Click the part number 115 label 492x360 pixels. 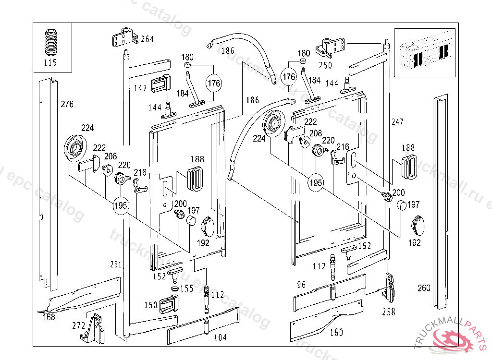coord(50,63)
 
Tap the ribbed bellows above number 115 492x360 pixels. coord(50,43)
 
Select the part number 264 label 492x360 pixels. coord(147,39)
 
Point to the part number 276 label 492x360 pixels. coord(67,104)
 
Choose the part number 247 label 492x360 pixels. coord(397,122)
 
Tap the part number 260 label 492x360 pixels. coord(424,288)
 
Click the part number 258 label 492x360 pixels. coord(388,312)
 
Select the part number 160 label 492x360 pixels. coord(337,332)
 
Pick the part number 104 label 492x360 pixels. coord(220,337)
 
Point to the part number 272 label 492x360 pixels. coord(79,325)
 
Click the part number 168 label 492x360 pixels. coord(49,317)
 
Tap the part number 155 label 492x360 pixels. coord(186,289)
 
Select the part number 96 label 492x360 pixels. coord(301,285)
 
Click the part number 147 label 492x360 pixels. coord(140,88)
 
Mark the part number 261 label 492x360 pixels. coord(116,264)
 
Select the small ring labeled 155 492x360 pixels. coord(174,289)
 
